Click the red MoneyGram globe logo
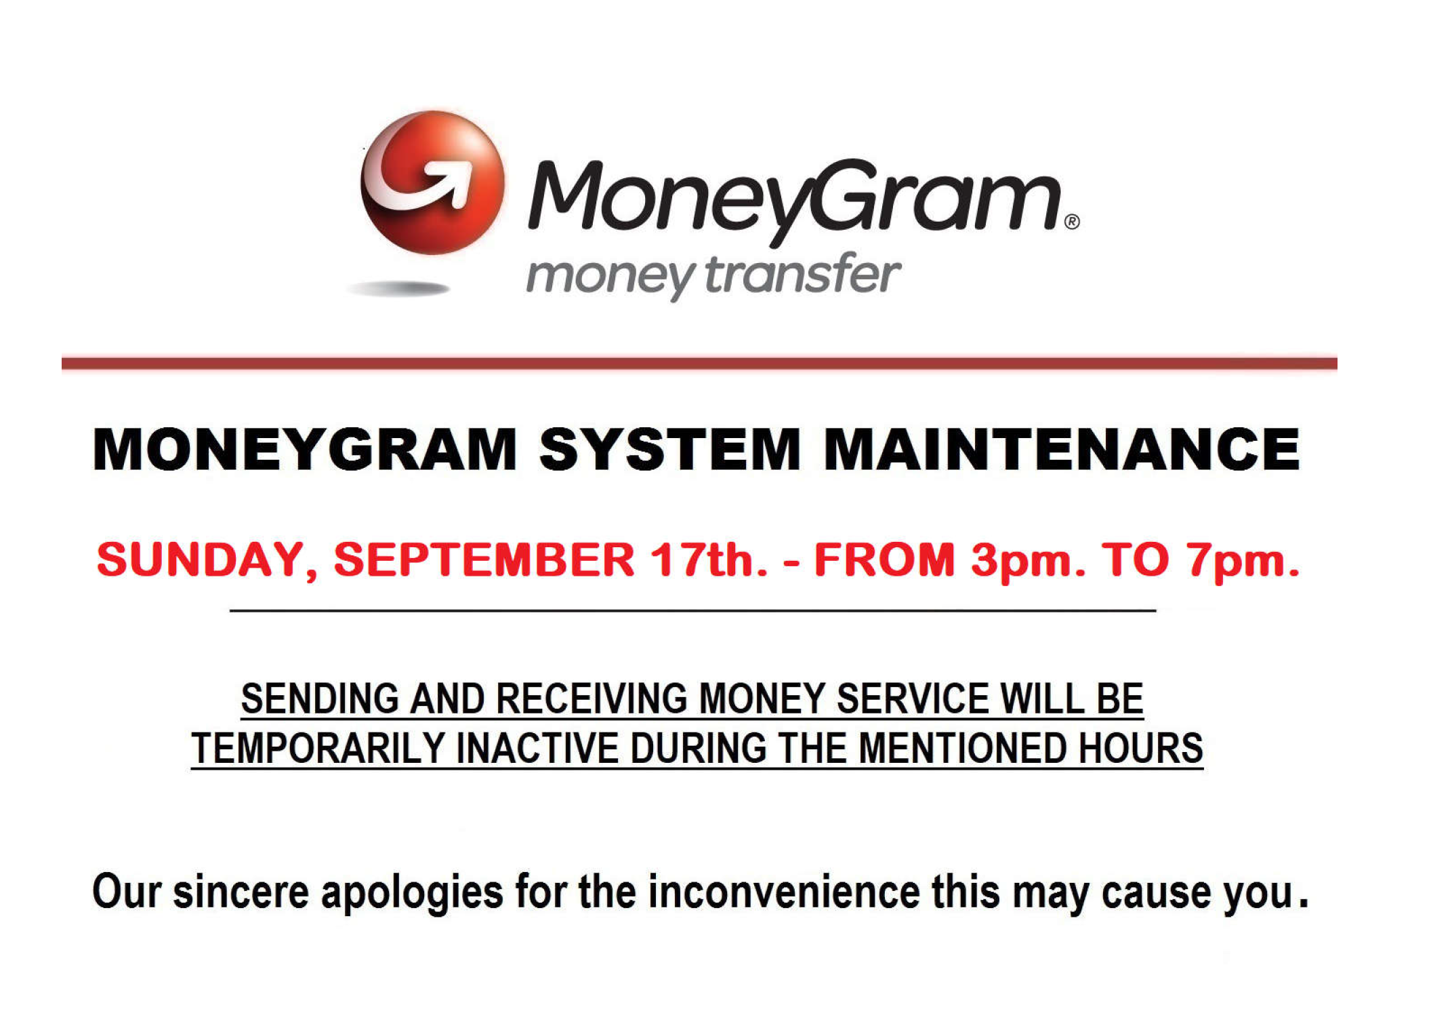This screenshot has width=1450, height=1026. point(432,183)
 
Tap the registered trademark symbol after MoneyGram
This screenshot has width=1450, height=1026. point(1072,222)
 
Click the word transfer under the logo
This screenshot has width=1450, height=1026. point(803,275)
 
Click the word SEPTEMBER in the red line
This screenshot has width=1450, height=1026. point(484,559)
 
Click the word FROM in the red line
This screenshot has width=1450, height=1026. point(884,559)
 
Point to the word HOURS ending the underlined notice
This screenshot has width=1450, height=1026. point(1140,749)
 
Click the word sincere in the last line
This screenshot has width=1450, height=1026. point(241,892)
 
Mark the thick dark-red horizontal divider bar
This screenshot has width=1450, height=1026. point(699,363)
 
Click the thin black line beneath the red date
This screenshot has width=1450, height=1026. point(693,611)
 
